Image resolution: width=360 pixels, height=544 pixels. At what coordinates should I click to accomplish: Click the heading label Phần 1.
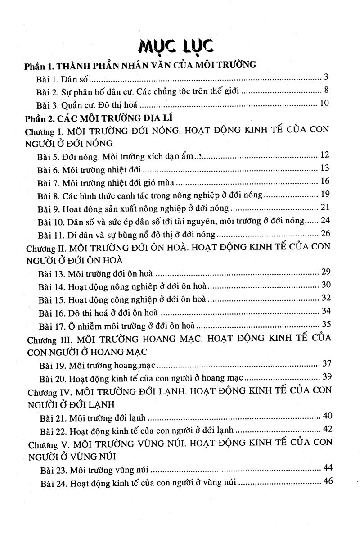coord(39,66)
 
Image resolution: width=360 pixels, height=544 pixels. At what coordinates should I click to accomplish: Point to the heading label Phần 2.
coord(39,119)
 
